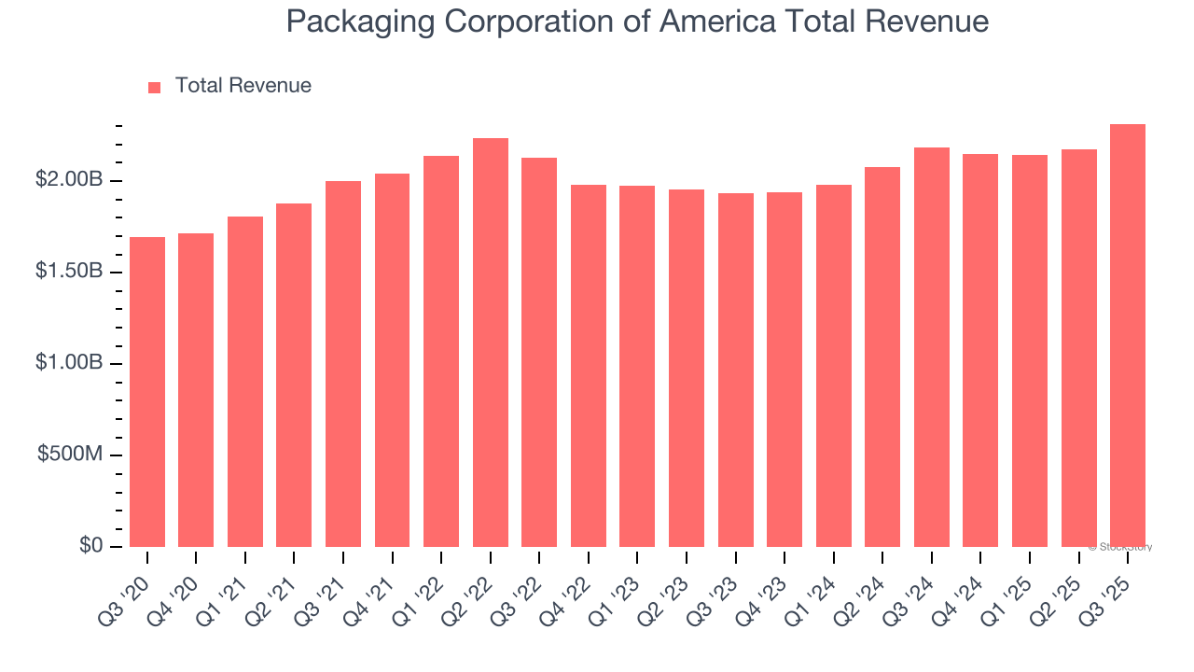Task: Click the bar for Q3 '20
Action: click(x=147, y=392)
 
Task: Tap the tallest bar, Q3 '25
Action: click(x=1128, y=336)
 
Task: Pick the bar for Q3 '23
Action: click(x=736, y=370)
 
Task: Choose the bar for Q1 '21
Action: click(x=245, y=382)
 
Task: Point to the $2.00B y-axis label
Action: click(x=69, y=180)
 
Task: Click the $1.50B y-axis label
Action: click(x=69, y=272)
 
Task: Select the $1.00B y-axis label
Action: click(x=69, y=363)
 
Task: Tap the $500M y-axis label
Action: click(x=71, y=455)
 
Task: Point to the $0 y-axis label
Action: click(x=90, y=546)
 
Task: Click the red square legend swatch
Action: click(x=155, y=88)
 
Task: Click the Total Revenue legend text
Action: click(x=243, y=86)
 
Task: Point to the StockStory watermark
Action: click(x=1120, y=547)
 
